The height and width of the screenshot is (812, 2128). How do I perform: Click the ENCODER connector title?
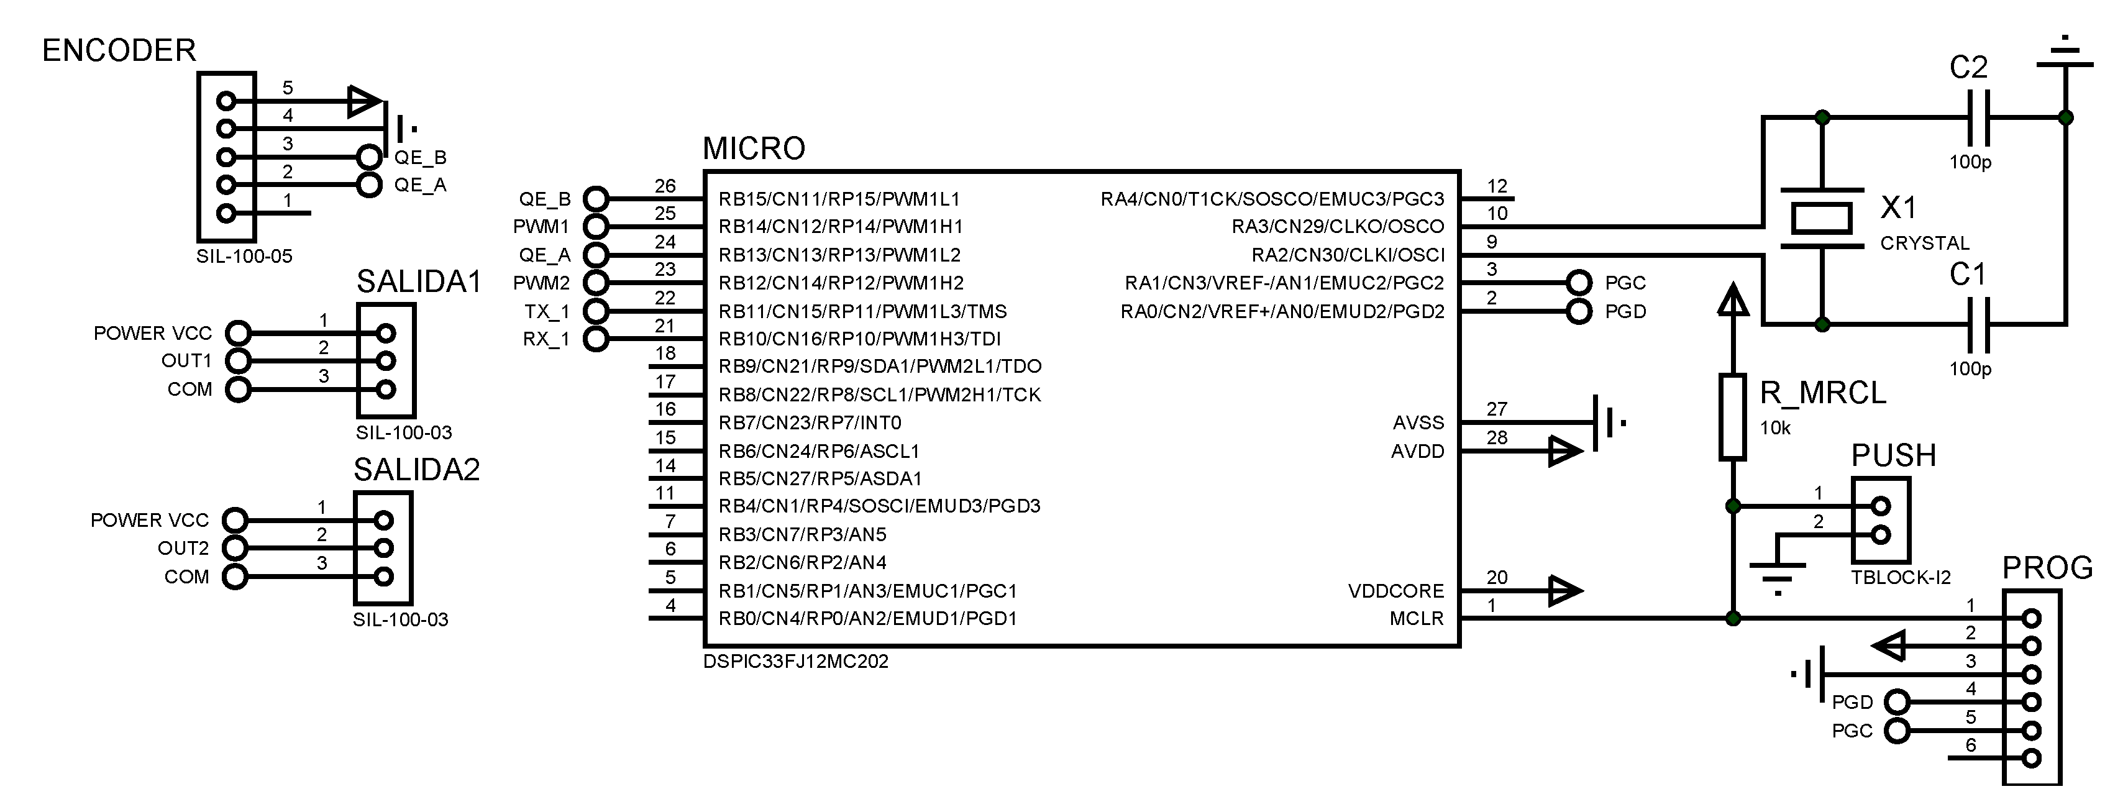coord(119,51)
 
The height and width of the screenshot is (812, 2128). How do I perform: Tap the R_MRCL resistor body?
coord(1732,416)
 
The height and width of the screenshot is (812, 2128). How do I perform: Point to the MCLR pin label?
coord(1416,619)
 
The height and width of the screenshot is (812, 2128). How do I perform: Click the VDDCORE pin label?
coord(1396,591)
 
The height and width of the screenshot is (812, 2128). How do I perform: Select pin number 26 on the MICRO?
coord(665,186)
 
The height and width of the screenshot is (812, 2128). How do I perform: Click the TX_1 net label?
coord(546,311)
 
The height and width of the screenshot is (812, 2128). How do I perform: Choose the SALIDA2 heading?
coord(416,470)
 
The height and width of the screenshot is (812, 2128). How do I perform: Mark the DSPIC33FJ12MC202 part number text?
coord(795,662)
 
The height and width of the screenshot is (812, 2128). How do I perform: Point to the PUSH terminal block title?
coord(1893,456)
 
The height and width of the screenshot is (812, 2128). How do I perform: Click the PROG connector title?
coord(2047,568)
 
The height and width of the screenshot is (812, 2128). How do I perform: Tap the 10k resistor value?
coord(1775,428)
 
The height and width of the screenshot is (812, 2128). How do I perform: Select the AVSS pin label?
coord(1418,423)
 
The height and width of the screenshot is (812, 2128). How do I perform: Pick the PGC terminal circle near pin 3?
coord(1579,283)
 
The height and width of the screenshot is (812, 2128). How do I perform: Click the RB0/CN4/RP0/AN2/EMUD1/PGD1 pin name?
coord(867,619)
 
